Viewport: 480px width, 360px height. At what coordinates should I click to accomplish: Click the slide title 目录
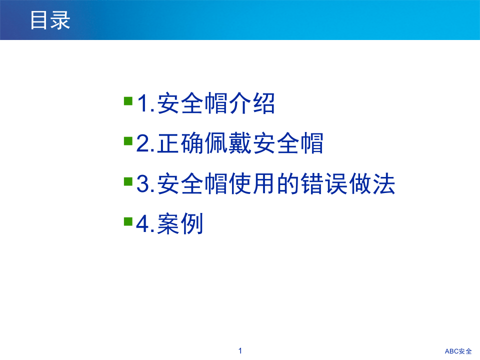coord(50,20)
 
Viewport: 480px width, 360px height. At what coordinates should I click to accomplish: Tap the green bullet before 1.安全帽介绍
coord(128,101)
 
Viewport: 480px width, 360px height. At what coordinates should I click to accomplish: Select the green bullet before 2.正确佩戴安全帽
coord(128,140)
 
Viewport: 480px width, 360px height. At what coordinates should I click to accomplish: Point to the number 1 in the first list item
coord(143,105)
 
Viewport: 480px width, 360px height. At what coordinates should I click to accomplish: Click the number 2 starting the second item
coord(143,144)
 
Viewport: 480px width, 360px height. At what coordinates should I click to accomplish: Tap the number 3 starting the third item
coord(143,185)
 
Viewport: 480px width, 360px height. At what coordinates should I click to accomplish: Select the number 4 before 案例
coord(143,225)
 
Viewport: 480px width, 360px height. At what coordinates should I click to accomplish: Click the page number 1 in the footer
coord(240,351)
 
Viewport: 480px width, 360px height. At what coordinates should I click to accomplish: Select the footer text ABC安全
coord(458,351)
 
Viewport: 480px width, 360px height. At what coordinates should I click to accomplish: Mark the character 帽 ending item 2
coord(312,144)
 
